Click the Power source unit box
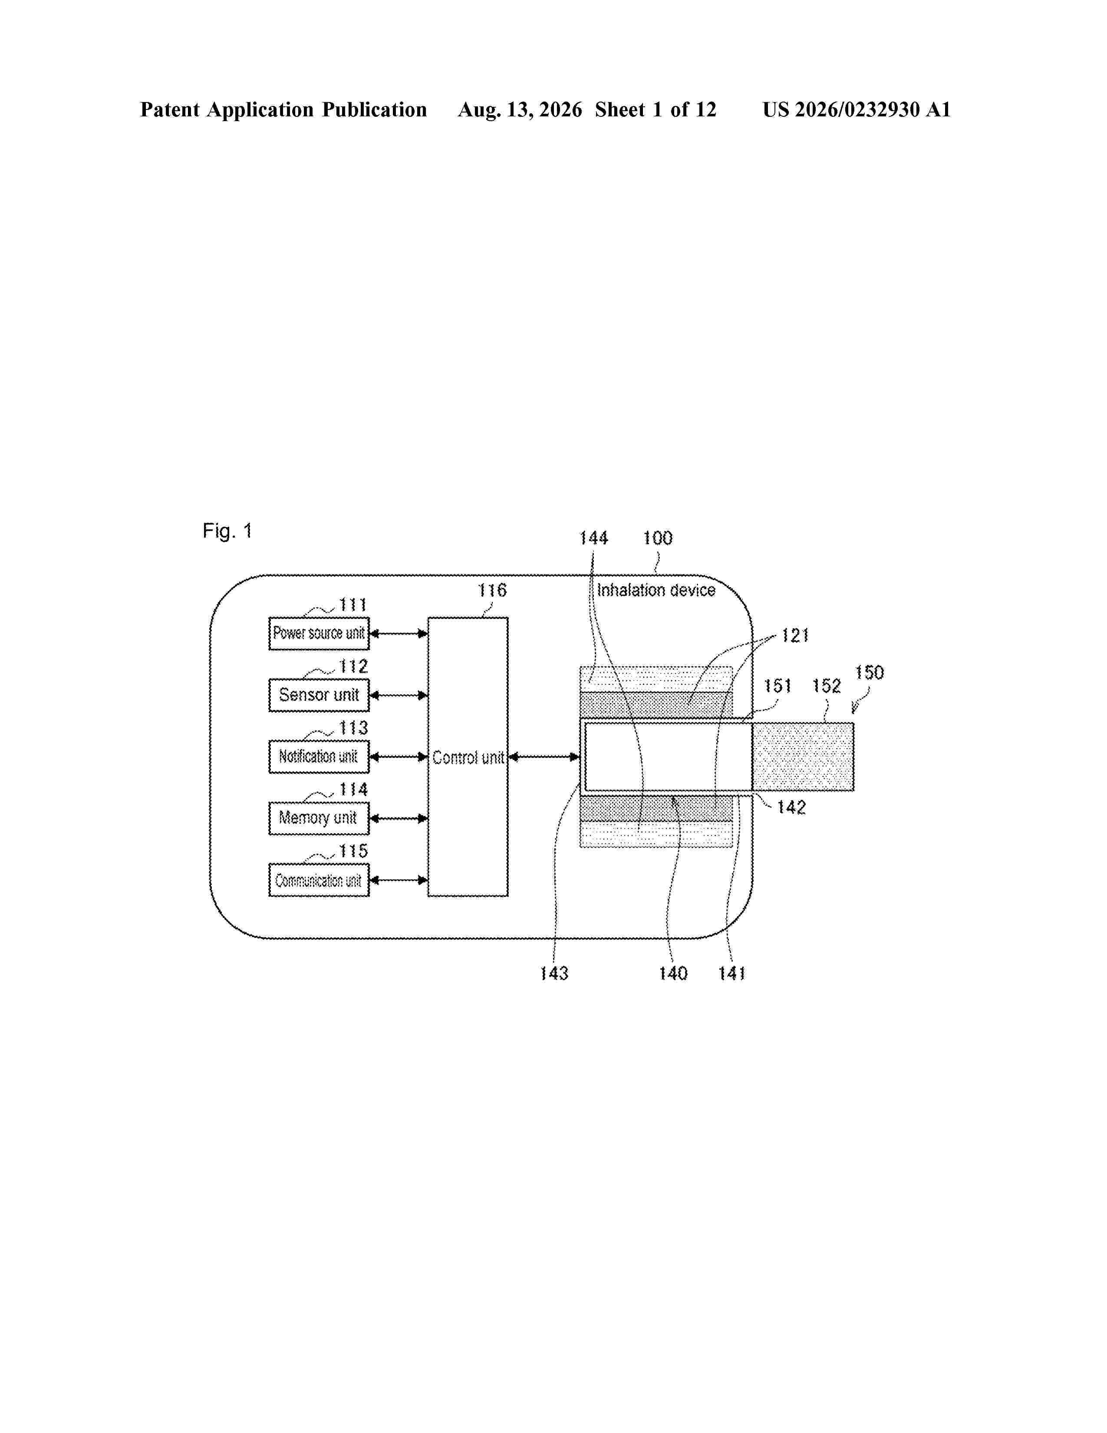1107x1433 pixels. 319,633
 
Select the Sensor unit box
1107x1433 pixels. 319,695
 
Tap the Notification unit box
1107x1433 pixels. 319,756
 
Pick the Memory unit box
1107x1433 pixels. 319,818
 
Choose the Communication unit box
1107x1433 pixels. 319,880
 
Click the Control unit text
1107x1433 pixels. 468,758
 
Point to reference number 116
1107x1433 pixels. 492,590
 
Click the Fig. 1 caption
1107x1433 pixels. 227,530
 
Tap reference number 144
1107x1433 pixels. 593,538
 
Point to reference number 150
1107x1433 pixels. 869,673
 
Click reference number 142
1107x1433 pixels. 791,807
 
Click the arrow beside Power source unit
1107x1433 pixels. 399,633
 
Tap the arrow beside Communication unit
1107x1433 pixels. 399,880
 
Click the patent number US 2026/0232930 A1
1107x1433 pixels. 857,109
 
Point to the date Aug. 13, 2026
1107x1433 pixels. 519,109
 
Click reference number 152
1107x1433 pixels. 826,686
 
